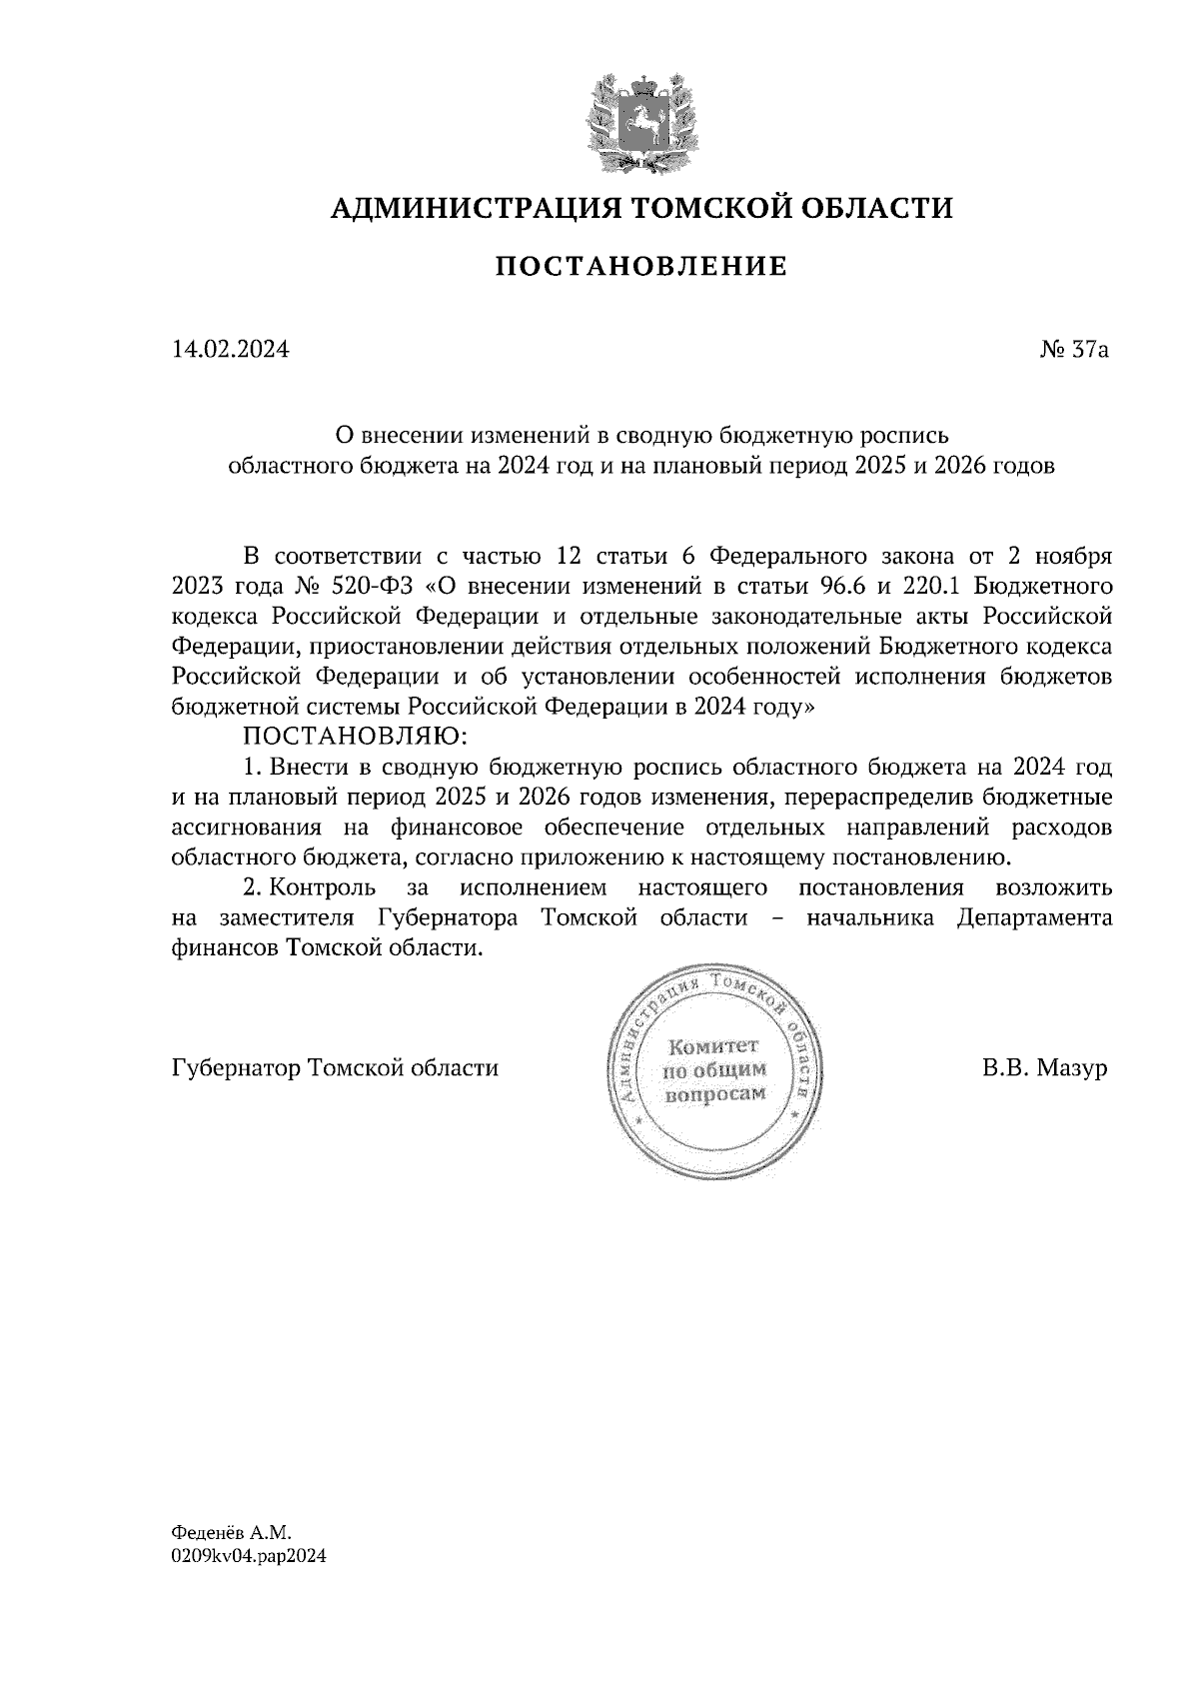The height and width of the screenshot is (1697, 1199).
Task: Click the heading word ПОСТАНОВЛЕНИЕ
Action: point(641,267)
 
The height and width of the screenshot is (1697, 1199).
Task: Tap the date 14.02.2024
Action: point(231,350)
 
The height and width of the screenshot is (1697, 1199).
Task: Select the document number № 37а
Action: point(1074,350)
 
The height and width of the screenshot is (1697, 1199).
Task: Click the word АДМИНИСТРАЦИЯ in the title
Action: point(463,208)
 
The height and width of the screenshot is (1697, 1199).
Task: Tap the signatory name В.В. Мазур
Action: point(1044,1068)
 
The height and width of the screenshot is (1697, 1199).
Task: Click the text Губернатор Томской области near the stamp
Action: point(335,1068)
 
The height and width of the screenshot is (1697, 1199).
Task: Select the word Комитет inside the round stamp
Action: point(713,1046)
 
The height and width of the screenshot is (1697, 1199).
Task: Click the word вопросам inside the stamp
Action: point(714,1093)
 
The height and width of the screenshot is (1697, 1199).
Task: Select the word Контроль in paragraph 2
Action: point(323,887)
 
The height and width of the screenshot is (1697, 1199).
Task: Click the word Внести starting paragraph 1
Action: point(308,768)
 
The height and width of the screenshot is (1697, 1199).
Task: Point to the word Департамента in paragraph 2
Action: point(1034,917)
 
